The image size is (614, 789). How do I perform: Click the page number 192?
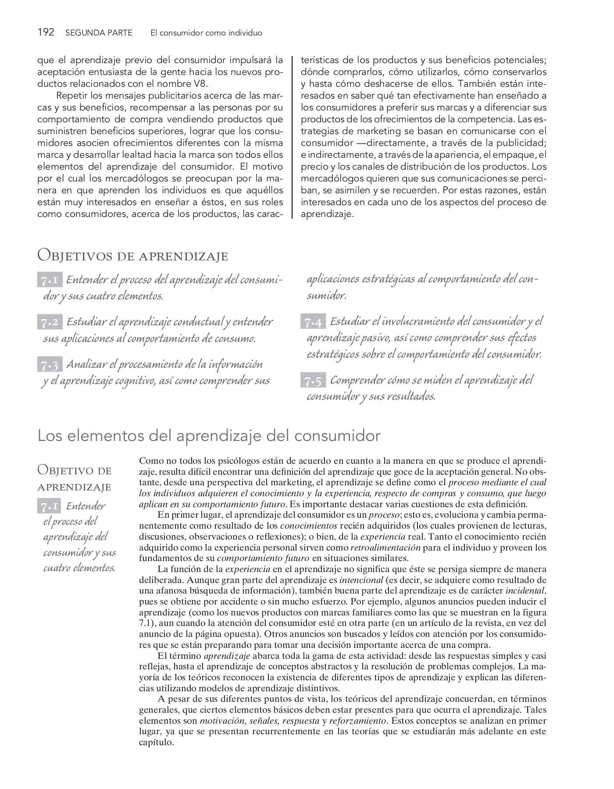[x=46, y=32]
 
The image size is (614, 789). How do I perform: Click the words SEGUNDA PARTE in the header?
[x=99, y=33]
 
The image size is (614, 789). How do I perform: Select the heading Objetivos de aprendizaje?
[x=133, y=256]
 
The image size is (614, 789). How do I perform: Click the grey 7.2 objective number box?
[x=50, y=323]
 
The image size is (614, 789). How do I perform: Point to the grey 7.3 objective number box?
[x=50, y=365]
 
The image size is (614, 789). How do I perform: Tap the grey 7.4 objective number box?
[x=313, y=323]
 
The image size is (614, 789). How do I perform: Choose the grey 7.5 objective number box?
[x=313, y=381]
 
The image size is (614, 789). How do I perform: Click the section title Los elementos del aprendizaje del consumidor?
[x=209, y=436]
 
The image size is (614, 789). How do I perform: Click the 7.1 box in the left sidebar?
[x=50, y=507]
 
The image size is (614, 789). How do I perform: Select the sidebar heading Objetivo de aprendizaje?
[x=75, y=479]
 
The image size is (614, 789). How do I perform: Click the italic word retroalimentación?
[x=386, y=547]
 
